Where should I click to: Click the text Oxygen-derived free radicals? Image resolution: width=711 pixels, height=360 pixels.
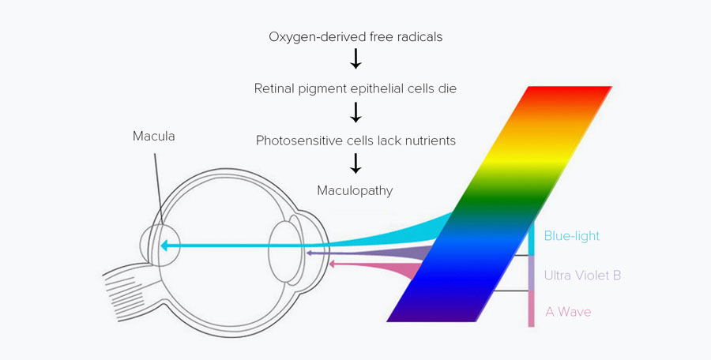pyautogui.click(x=355, y=37)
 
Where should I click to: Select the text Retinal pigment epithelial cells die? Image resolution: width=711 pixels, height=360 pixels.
pyautogui.click(x=355, y=88)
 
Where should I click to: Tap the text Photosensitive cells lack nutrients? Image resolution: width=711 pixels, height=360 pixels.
pyautogui.click(x=355, y=140)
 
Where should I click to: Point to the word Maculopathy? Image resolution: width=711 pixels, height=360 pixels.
pyautogui.click(x=355, y=190)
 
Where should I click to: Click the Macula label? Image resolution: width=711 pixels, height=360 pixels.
pyautogui.click(x=154, y=137)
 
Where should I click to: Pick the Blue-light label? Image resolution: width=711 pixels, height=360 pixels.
pyautogui.click(x=571, y=235)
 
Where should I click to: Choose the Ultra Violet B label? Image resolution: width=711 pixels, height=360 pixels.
pyautogui.click(x=582, y=276)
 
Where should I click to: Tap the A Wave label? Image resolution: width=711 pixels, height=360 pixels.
pyautogui.click(x=568, y=312)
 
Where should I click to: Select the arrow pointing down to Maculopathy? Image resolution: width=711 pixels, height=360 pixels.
pyautogui.click(x=355, y=164)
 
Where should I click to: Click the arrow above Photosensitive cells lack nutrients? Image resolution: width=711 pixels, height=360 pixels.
pyautogui.click(x=355, y=113)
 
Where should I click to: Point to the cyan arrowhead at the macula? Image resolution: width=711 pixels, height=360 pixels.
pyautogui.click(x=165, y=246)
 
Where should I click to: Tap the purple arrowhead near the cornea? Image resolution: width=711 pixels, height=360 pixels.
pyautogui.click(x=309, y=253)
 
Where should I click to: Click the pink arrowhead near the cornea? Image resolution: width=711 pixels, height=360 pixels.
pyautogui.click(x=333, y=264)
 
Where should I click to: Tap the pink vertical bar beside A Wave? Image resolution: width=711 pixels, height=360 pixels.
pyautogui.click(x=532, y=309)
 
